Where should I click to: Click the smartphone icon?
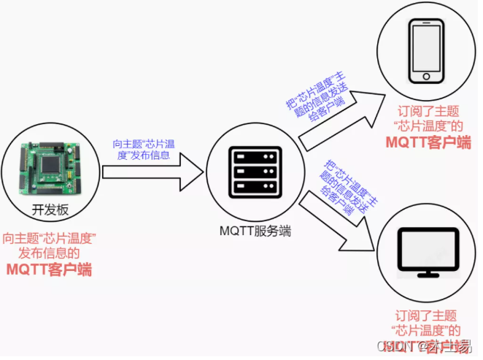[427, 50]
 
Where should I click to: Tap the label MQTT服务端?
[255, 231]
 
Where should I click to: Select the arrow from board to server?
[153, 171]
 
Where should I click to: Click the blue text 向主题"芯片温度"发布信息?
[144, 150]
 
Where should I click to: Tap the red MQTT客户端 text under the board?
[50, 269]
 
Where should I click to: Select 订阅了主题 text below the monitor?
[425, 315]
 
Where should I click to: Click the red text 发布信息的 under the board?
[50, 253]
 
